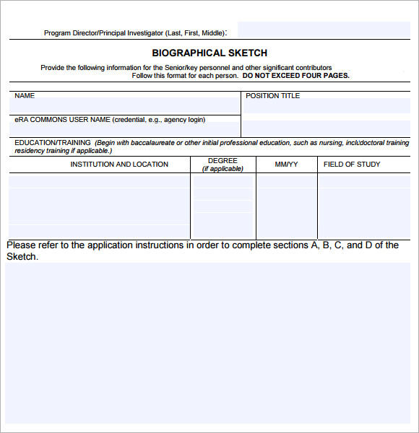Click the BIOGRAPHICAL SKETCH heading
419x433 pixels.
click(x=209, y=53)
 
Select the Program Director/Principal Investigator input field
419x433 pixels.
click(x=323, y=30)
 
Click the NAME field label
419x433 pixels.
click(x=25, y=96)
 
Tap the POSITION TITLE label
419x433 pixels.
click(x=272, y=96)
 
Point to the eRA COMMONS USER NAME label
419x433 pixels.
click(x=62, y=120)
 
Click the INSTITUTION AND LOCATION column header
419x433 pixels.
click(x=119, y=165)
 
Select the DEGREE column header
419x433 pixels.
click(x=223, y=161)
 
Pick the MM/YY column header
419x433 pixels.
click(x=286, y=165)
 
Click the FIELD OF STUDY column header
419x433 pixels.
click(x=352, y=165)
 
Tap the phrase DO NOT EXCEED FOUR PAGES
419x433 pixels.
click(x=296, y=76)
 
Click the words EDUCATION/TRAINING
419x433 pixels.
click(x=53, y=143)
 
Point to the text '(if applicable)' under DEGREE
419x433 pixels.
click(x=223, y=169)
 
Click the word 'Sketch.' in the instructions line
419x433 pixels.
click(x=22, y=257)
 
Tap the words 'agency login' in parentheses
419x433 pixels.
click(x=184, y=120)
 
